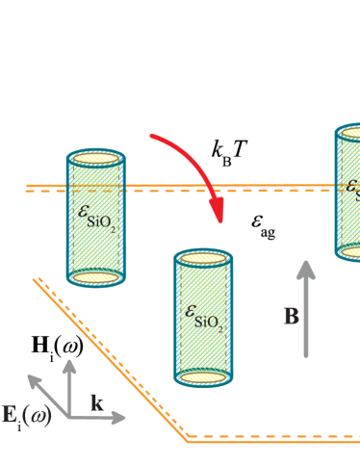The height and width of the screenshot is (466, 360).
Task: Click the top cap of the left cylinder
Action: (95, 158)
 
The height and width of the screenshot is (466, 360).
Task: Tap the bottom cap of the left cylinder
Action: (95, 277)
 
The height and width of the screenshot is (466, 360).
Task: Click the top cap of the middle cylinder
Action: (203, 258)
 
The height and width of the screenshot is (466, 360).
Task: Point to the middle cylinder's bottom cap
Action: (203, 377)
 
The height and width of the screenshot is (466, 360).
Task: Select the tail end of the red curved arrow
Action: (152, 137)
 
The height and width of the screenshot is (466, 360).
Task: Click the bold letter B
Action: (291, 316)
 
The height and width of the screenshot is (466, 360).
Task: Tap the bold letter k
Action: (97, 402)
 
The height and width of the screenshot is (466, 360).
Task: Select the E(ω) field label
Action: (25, 415)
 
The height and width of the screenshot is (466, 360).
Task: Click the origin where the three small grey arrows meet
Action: (69, 417)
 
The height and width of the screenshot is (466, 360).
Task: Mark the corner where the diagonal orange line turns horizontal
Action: (189, 439)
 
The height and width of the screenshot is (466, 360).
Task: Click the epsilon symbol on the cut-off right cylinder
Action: (352, 186)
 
